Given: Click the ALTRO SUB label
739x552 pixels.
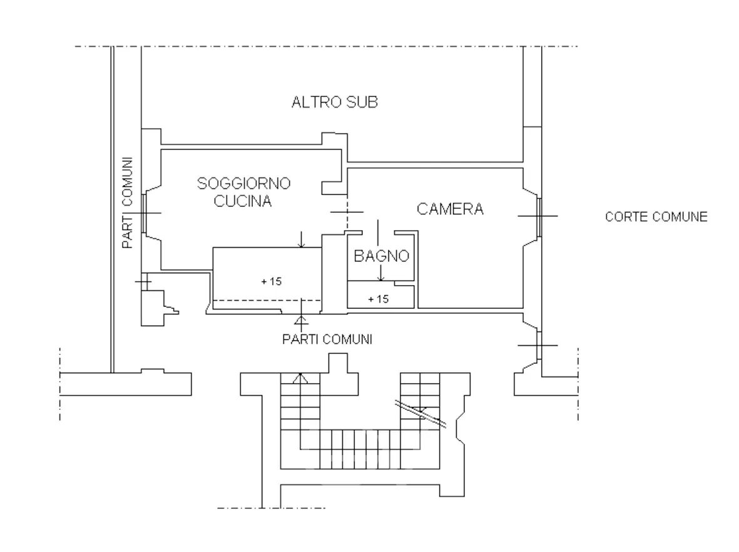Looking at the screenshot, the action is pyautogui.click(x=335, y=102).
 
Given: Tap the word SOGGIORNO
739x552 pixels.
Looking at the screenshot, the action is pyautogui.click(x=243, y=183).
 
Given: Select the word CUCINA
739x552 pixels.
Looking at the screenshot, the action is pyautogui.click(x=243, y=201).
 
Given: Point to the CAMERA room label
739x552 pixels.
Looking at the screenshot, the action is pyautogui.click(x=450, y=209).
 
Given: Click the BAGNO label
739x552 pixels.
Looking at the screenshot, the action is pyautogui.click(x=381, y=256).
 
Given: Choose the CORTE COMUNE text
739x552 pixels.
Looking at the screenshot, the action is pyautogui.click(x=656, y=217).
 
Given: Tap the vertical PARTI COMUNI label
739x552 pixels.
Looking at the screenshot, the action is pyautogui.click(x=128, y=203).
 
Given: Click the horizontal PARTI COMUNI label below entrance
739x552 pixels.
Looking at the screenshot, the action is pyautogui.click(x=327, y=339).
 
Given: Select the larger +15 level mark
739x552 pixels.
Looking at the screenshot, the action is pyautogui.click(x=272, y=281).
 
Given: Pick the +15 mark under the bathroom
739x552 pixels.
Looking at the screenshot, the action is pyautogui.click(x=379, y=299).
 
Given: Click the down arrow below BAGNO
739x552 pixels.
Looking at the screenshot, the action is pyautogui.click(x=381, y=273).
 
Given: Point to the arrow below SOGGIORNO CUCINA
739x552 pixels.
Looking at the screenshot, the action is pyautogui.click(x=302, y=239).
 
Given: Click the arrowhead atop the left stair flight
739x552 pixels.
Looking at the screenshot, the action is pyautogui.click(x=300, y=378).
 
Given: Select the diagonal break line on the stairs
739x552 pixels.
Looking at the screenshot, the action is pyautogui.click(x=421, y=414).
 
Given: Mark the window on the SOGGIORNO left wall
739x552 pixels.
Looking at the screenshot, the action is pyautogui.click(x=144, y=213).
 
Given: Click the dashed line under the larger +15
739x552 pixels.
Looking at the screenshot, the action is pyautogui.click(x=268, y=301).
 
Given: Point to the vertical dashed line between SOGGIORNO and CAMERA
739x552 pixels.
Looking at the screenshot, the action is pyautogui.click(x=347, y=213).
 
